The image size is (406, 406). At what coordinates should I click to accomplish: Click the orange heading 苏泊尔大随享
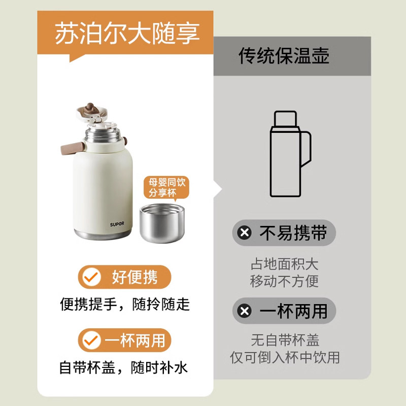[127, 32]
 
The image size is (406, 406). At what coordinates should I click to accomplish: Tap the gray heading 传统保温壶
[284, 56]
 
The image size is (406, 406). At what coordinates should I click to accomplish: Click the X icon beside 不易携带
[245, 233]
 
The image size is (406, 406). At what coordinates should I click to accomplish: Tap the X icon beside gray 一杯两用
[245, 311]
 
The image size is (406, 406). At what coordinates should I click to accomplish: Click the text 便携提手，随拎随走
[125, 304]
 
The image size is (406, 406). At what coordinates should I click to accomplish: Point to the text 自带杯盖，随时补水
[124, 367]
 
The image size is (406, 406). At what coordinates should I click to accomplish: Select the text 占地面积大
[284, 264]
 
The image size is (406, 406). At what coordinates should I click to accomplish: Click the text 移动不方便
[284, 281]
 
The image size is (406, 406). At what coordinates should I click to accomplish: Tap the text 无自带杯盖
[285, 340]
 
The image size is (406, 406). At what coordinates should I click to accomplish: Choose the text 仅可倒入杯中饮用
[285, 357]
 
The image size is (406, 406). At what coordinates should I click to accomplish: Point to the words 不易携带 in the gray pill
[293, 233]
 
